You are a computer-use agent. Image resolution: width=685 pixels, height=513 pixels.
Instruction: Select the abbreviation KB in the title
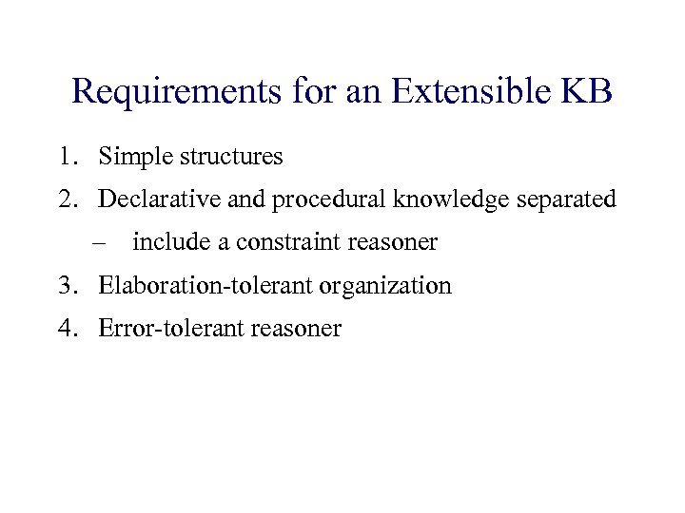(x=587, y=92)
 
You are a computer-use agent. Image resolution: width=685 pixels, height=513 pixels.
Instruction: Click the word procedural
(x=313, y=199)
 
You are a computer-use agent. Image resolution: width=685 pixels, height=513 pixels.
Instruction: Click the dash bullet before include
(x=99, y=243)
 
